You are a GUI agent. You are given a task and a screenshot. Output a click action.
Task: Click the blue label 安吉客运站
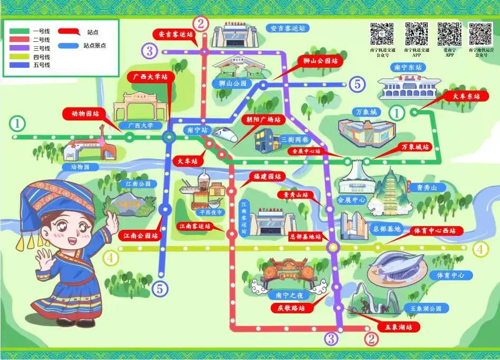click(x=288, y=28)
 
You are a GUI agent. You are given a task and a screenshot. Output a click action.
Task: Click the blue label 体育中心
click(x=447, y=275)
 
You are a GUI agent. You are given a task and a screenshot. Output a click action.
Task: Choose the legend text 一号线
click(x=41, y=31)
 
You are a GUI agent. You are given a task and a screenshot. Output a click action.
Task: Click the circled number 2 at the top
click(x=201, y=23)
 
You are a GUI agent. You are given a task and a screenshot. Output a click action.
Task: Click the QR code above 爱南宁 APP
click(x=449, y=34)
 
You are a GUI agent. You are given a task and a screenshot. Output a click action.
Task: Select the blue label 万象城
click(x=366, y=112)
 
